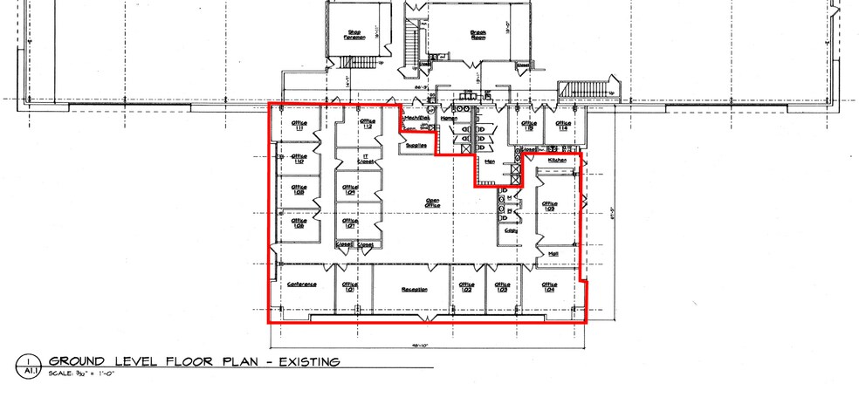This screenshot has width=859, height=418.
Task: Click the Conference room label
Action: (x=301, y=284)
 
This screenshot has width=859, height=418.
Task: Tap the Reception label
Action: (x=413, y=289)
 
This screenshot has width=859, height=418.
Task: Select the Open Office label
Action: (x=432, y=202)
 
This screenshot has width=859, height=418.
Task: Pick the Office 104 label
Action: (x=549, y=287)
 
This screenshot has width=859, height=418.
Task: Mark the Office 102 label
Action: (x=466, y=287)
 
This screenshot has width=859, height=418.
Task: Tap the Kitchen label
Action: (x=558, y=161)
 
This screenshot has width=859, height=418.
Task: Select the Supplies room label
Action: (x=416, y=145)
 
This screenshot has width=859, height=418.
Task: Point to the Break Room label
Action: (x=478, y=36)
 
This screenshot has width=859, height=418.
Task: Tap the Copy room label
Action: (x=511, y=230)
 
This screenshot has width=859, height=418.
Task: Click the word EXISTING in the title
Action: (x=303, y=361)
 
